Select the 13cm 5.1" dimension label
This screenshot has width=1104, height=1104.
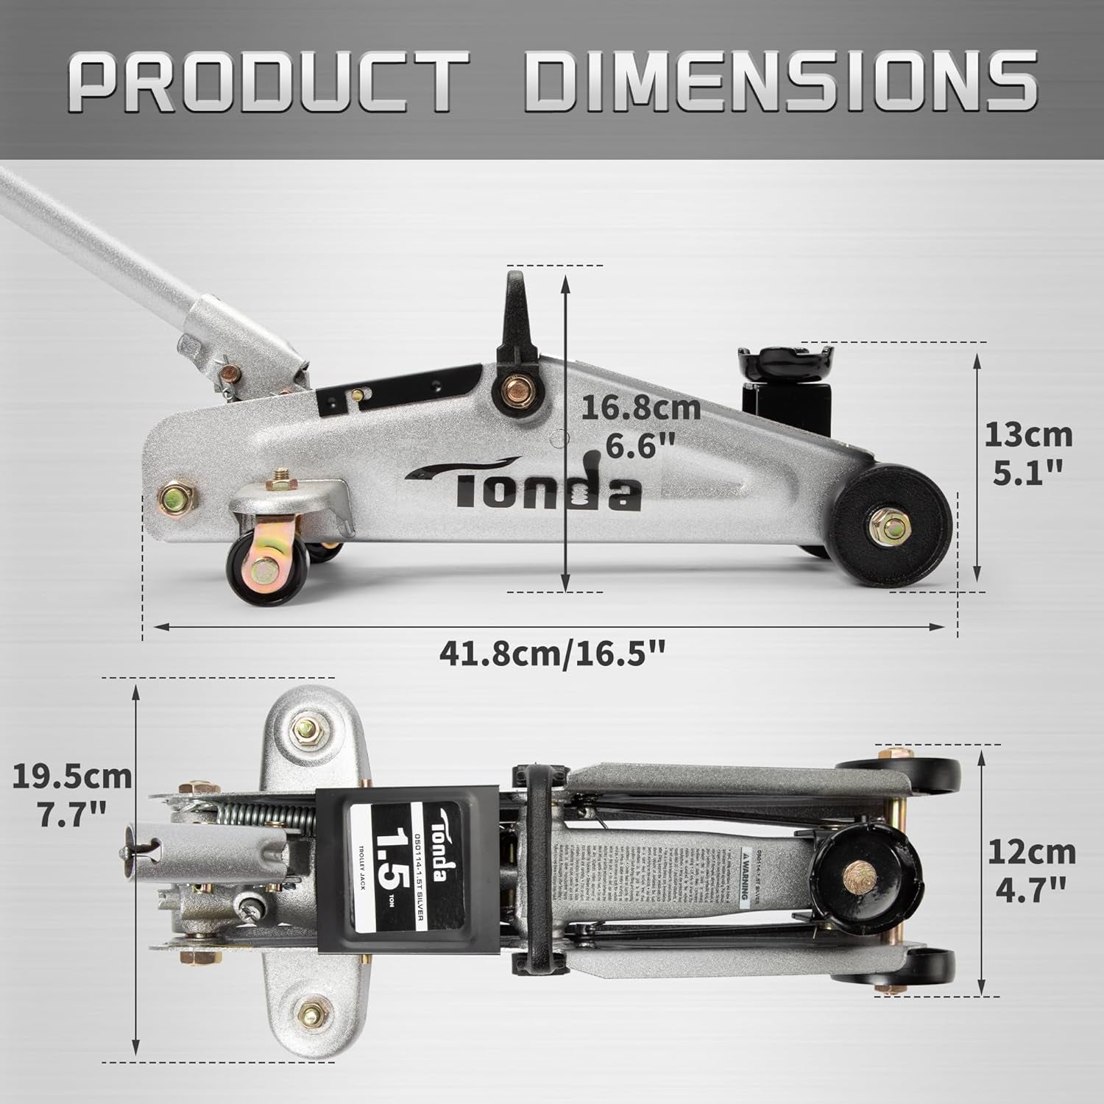pos(1028,451)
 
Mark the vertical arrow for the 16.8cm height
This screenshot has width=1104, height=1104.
pos(565,434)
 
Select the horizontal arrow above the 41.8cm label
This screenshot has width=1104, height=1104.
pos(548,626)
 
